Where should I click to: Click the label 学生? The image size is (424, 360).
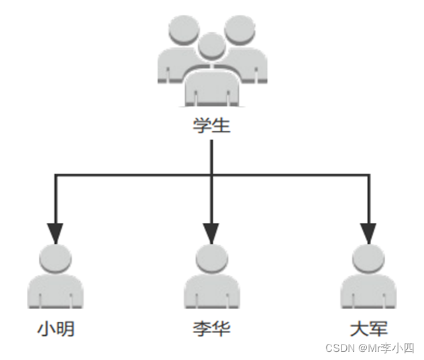(x=212, y=126)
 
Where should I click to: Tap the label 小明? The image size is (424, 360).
(x=56, y=329)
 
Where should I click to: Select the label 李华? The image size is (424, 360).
(x=212, y=329)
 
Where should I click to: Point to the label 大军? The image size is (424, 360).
(x=368, y=329)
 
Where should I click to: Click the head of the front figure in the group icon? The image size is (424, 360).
(x=212, y=47)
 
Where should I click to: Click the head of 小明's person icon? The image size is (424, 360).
(x=56, y=259)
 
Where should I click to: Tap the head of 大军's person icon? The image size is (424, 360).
(x=368, y=259)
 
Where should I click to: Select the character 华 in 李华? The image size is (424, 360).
(x=221, y=329)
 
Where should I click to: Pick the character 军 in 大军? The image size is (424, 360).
(x=378, y=329)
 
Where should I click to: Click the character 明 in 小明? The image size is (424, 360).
(x=65, y=329)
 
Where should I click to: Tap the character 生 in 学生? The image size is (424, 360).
(x=221, y=126)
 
